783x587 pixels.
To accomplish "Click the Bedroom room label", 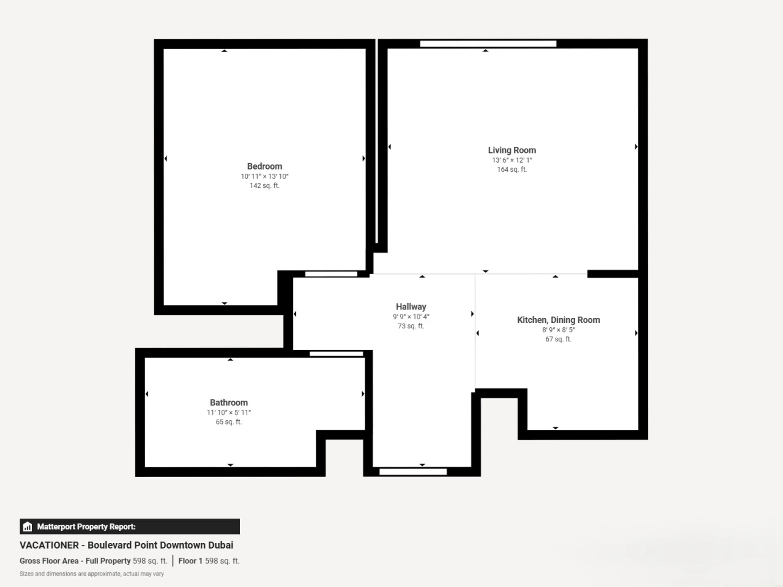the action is pos(264,166).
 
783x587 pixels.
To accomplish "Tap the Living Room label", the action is pos(512,150).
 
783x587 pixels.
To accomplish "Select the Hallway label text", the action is pos(411,307).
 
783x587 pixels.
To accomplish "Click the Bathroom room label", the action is pos(229,403).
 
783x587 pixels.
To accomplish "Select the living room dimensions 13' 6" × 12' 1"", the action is pos(512,160).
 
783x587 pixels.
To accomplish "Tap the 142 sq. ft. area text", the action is pos(264,186).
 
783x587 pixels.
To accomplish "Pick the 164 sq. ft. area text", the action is pos(512,170).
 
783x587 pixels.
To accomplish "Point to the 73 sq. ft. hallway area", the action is pos(411,326).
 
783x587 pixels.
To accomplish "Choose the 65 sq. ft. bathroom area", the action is pos(229,422).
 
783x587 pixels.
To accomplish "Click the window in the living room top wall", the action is pos(488,44).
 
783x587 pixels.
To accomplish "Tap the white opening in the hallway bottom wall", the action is pos(413,472).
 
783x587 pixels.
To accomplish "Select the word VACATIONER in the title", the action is pos(49,545).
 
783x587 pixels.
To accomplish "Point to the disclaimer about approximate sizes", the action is pos(92,574).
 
